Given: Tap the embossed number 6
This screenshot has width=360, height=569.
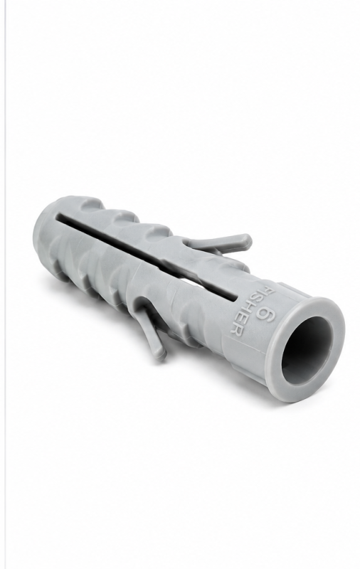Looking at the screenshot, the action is pos(266,313).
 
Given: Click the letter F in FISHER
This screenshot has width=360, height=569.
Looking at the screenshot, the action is pos(268,290).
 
